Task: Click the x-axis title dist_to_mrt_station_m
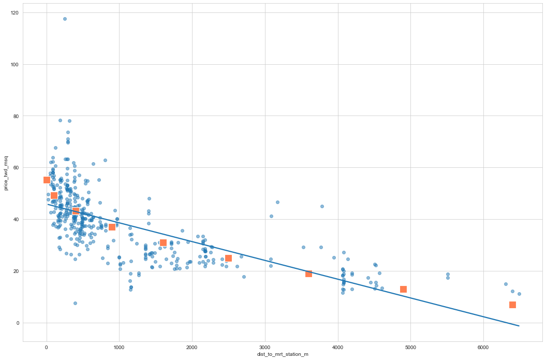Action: coord(283,354)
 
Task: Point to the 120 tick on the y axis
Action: coord(14,12)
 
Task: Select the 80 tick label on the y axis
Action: coord(16,116)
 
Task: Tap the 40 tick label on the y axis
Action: coord(16,220)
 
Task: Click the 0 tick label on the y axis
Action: coord(18,323)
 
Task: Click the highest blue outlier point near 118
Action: coord(65,19)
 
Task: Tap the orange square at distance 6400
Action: coord(512,305)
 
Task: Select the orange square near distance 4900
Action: coord(403,289)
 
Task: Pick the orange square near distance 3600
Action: coord(308,273)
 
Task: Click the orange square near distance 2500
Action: coord(228,258)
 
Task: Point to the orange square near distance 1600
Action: coord(163,242)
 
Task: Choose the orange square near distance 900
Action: coord(112,227)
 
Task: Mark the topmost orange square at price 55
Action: coord(47,180)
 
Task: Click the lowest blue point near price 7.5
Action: coord(75,303)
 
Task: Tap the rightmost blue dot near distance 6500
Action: coord(519,294)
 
